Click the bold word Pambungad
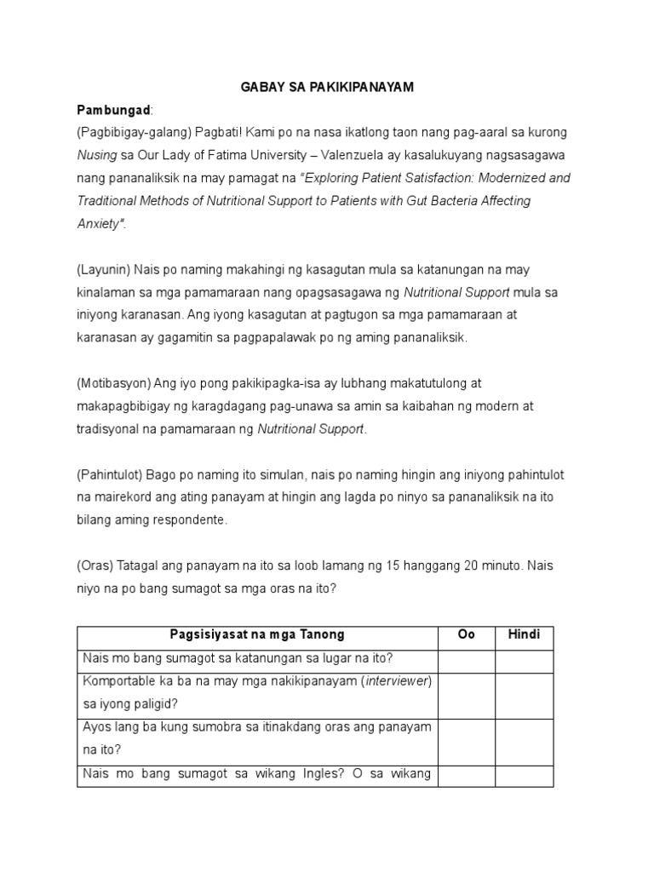[x=113, y=111]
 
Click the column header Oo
[x=466, y=635]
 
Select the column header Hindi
[x=524, y=635]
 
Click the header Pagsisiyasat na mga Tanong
[x=256, y=635]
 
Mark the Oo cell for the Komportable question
[x=466, y=695]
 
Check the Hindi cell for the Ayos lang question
[x=524, y=741]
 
